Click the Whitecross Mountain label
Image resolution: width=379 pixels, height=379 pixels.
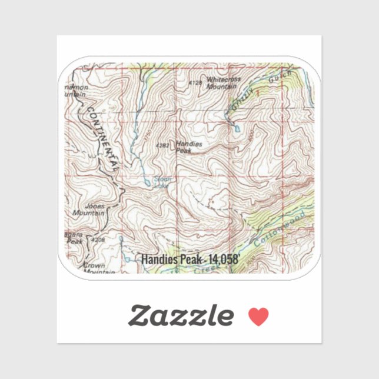click(223, 82)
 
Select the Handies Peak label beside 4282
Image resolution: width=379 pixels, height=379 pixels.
click(189, 147)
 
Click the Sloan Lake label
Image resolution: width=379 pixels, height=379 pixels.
click(161, 183)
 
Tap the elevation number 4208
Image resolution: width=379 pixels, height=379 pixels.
click(98, 240)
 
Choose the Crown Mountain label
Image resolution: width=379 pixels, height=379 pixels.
click(94, 268)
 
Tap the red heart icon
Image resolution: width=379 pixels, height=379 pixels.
click(258, 317)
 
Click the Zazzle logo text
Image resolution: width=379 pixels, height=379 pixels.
click(181, 316)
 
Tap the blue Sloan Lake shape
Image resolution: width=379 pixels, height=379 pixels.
click(146, 183)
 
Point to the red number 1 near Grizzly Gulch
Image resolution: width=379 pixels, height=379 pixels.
click(257, 94)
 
